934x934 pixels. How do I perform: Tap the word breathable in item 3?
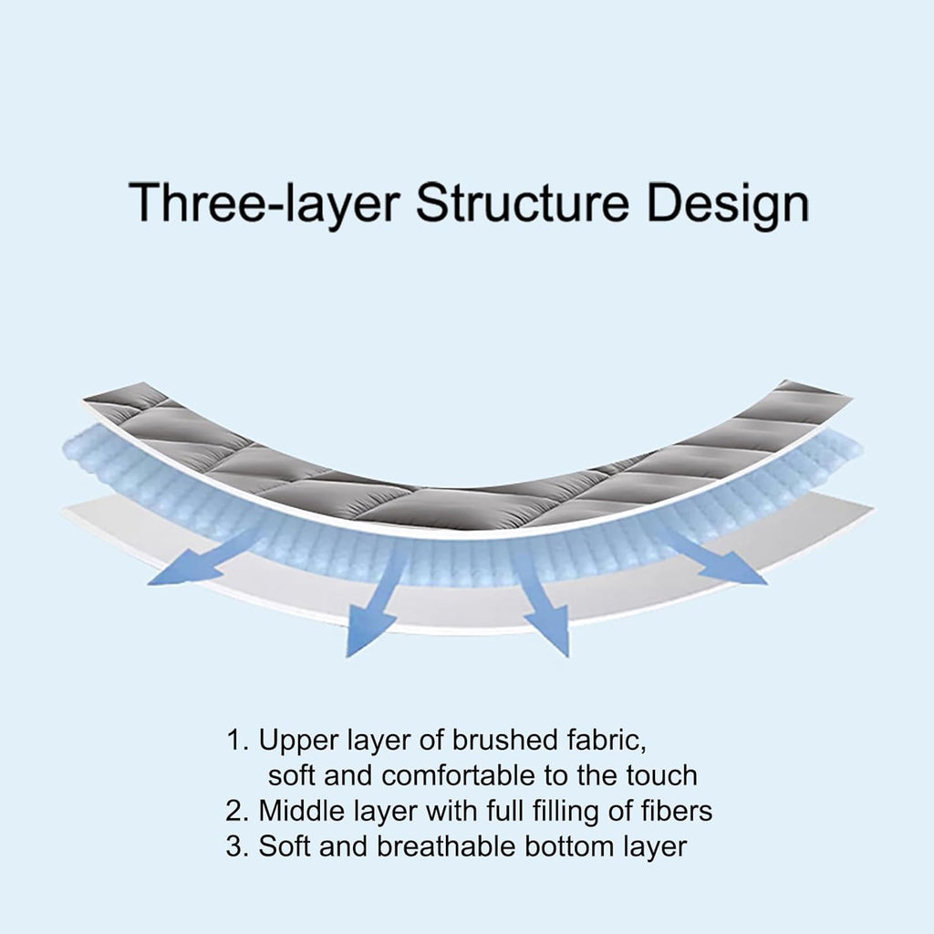tap(445, 846)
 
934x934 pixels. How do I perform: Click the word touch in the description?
tap(661, 775)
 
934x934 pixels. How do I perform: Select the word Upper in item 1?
tap(293, 742)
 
